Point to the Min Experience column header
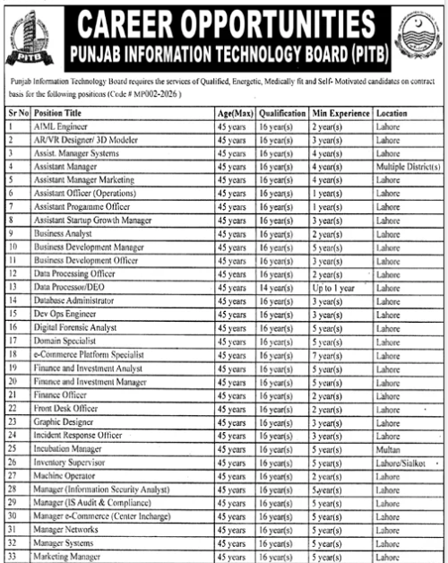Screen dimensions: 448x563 tap(341, 114)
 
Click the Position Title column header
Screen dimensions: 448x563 tap(57, 114)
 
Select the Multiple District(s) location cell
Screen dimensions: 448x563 tap(408, 167)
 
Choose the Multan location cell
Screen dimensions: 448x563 tap(387, 447)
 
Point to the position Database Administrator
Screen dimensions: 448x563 tap(73, 300)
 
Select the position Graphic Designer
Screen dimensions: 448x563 tap(64, 420)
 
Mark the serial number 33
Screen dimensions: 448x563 tap(12, 555)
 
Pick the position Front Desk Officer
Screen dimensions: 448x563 tap(66, 407)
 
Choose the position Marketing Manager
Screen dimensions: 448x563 tap(68, 555)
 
